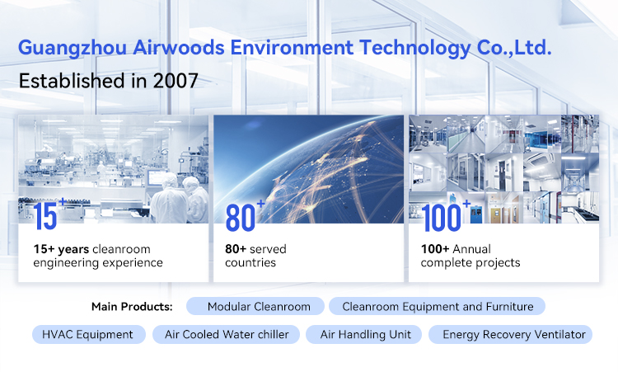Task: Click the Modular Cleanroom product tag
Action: click(x=259, y=307)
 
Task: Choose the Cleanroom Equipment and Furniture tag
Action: click(x=437, y=307)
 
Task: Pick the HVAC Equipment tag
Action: click(x=88, y=334)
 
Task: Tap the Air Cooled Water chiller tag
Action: click(x=227, y=334)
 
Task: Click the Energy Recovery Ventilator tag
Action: click(x=513, y=334)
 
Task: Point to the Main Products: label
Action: click(x=132, y=307)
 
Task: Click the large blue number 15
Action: click(x=48, y=216)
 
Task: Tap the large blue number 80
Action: click(x=241, y=216)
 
